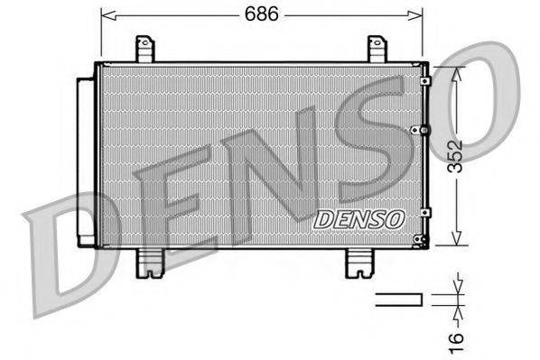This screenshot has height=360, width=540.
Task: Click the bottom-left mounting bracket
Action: click(149, 263)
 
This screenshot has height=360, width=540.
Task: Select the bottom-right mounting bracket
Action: click(360, 263)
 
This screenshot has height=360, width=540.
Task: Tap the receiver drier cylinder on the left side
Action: click(86, 160)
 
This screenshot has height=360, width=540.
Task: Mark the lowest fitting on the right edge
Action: click(419, 240)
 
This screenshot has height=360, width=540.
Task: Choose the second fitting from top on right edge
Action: click(417, 130)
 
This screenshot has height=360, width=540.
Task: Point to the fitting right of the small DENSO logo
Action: click(424, 212)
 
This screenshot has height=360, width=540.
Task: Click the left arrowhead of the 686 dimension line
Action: click(105, 14)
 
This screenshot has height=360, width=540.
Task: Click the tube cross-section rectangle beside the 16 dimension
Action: click(398, 300)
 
